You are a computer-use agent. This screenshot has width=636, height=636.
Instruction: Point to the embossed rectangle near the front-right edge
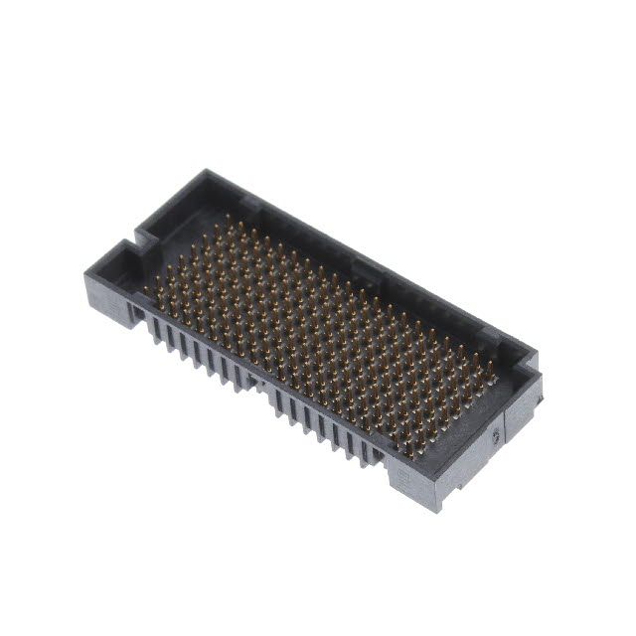coord(403,479)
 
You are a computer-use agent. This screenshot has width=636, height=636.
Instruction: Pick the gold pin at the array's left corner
coord(146,289)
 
